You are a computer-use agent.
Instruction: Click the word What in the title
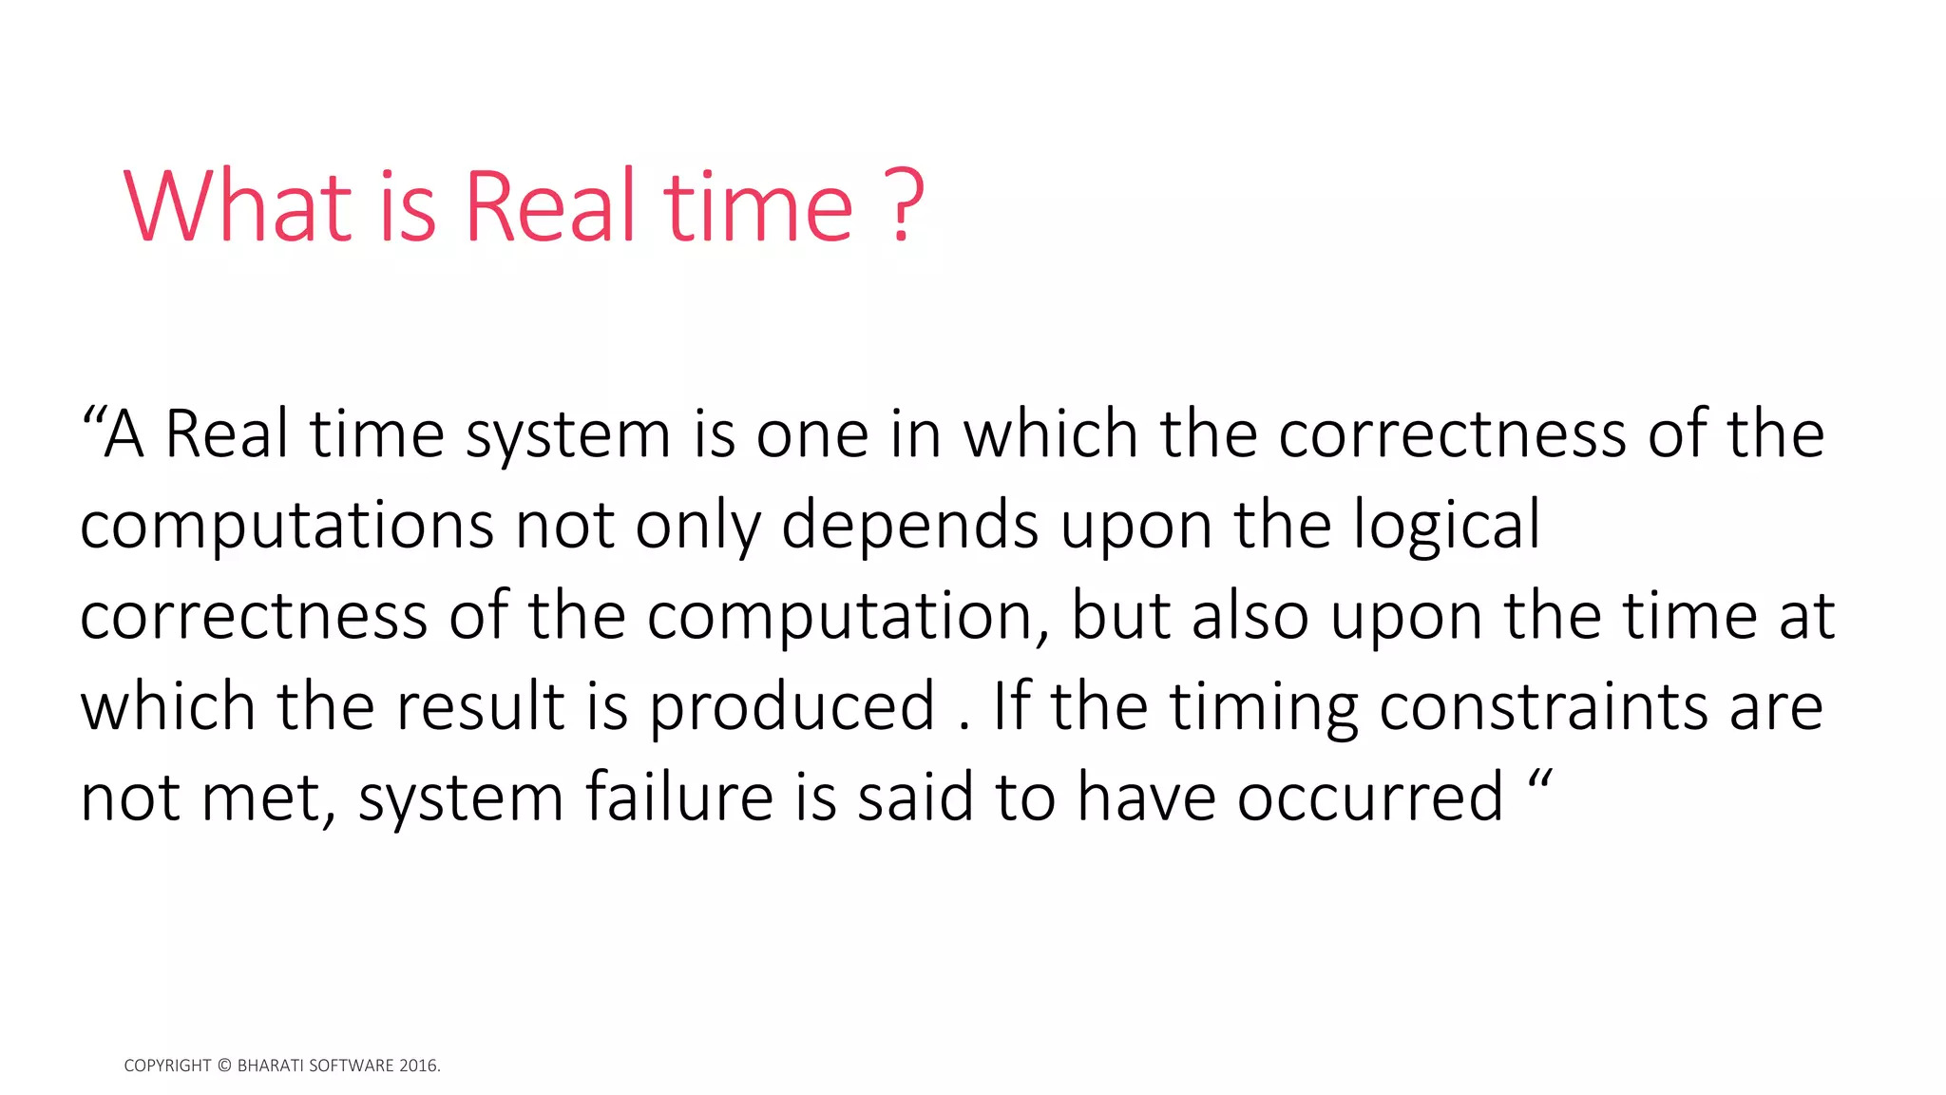[x=238, y=206]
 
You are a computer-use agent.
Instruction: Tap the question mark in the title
[x=906, y=206]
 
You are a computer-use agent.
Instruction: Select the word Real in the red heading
[x=549, y=206]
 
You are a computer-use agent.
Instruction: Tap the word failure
[x=679, y=797]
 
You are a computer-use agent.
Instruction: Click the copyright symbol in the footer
[x=224, y=1066]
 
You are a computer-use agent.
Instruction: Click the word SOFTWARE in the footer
[x=352, y=1066]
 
